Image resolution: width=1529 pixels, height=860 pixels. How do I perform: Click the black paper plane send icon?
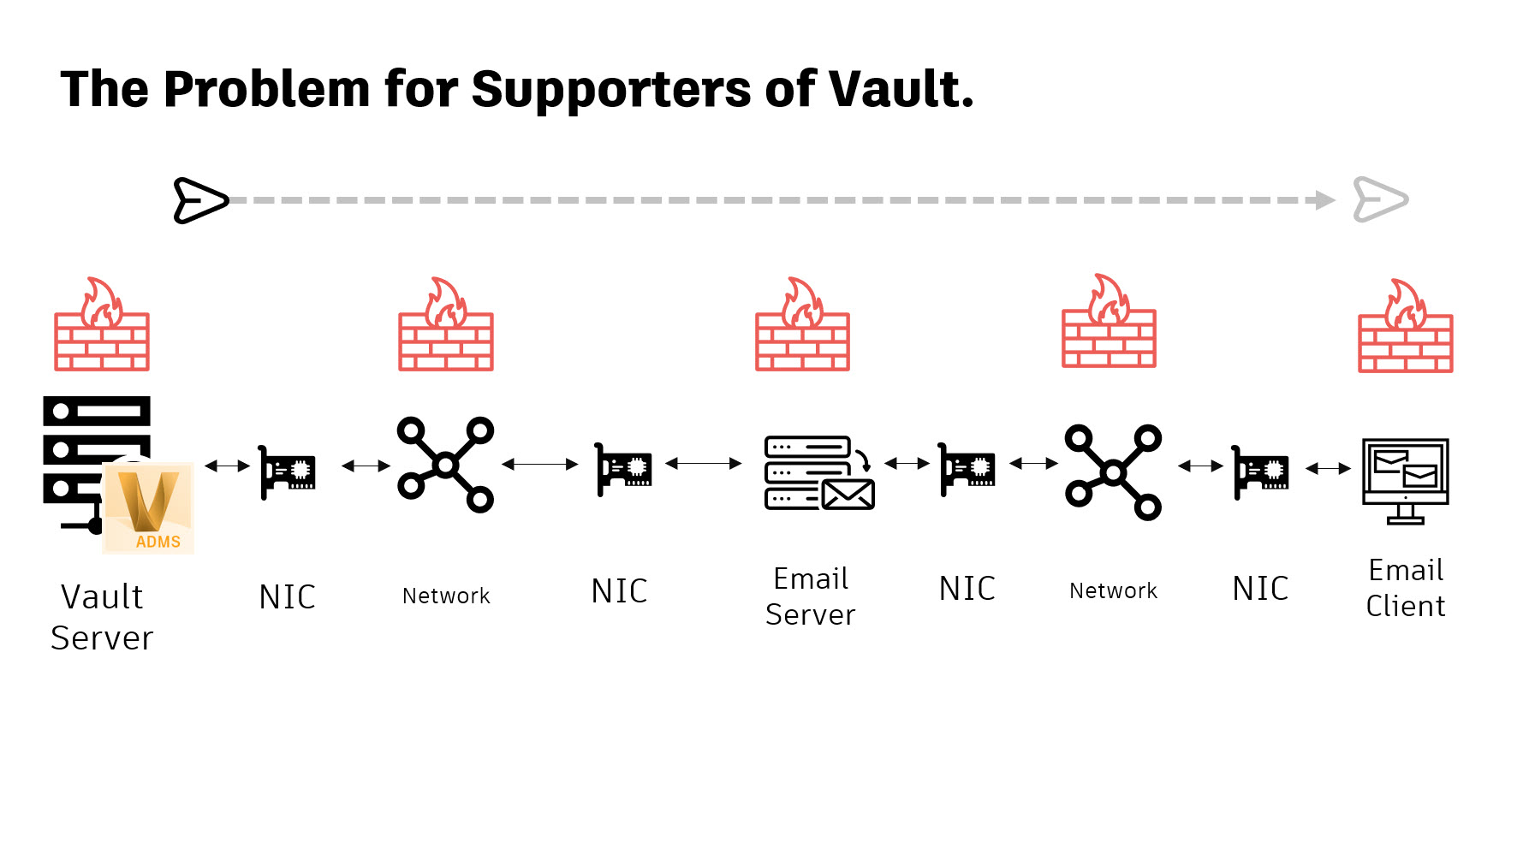pos(200,200)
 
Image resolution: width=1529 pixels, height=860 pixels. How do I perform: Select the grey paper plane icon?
pos(1379,200)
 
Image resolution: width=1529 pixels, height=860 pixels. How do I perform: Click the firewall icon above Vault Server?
pos(102,325)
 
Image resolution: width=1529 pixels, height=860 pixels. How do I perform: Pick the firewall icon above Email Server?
pos(802,325)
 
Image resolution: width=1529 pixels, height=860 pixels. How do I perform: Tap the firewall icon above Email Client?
pos(1405,327)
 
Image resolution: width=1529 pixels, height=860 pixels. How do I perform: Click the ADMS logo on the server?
pos(149,508)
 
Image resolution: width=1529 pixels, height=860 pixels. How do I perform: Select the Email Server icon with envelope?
pos(818,472)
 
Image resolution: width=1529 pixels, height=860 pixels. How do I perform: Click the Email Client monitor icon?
pos(1405,480)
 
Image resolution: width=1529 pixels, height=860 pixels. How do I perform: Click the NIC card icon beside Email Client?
pos(1260,472)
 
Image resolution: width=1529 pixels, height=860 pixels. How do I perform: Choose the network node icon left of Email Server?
pos(445,465)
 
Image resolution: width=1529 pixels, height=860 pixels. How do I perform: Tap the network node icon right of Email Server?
pos(1113,472)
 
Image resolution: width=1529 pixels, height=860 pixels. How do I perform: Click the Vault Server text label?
pos(102,617)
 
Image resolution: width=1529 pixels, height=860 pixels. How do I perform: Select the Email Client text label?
pos(1405,588)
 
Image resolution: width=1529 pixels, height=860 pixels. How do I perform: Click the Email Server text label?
pos(810,596)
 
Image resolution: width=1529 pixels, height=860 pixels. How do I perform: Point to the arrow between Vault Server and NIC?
pos(227,466)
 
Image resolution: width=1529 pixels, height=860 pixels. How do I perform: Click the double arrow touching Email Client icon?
pos(1328,469)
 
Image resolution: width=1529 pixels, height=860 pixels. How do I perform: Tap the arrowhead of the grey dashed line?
pos(1325,200)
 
